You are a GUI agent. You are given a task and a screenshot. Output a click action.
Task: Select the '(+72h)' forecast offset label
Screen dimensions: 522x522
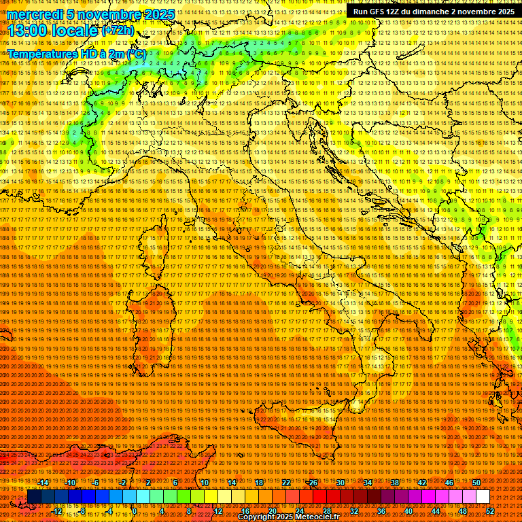[x=118, y=31]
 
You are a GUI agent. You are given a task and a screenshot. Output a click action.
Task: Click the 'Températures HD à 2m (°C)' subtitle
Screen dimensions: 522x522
[x=77, y=53]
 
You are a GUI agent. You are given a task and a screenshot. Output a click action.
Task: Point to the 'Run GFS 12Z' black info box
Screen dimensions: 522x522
[x=434, y=12]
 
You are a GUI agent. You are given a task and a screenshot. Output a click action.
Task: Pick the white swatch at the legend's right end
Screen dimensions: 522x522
[x=483, y=497]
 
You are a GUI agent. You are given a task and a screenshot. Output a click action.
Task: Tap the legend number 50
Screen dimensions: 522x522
[x=476, y=483]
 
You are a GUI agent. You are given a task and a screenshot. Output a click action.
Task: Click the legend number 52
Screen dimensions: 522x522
[x=489, y=510]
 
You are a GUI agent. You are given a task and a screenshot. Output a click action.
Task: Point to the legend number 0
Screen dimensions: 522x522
[x=135, y=510]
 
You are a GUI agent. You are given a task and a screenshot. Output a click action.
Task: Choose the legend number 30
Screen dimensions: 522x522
[x=340, y=483]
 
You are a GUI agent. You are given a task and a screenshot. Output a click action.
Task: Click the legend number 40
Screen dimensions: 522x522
[x=408, y=510]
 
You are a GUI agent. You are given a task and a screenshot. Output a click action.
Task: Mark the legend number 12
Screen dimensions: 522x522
[x=217, y=510]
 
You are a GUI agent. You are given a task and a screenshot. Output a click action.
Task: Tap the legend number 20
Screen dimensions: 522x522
[x=272, y=510]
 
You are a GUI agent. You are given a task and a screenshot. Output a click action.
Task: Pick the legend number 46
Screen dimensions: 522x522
[x=449, y=483]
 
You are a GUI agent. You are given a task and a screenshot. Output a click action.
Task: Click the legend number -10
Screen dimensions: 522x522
[x=70, y=483]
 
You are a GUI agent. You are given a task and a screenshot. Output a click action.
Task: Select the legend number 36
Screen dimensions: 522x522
[x=381, y=510]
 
